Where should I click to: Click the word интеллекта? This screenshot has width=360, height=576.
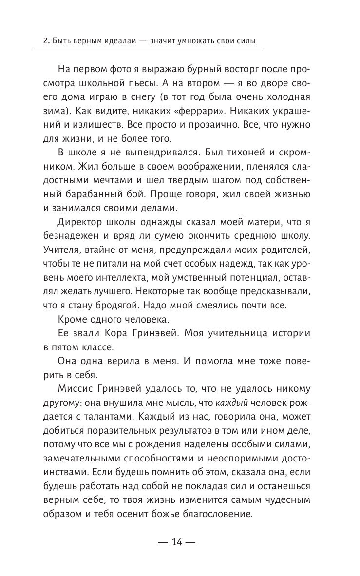tap(110, 278)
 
